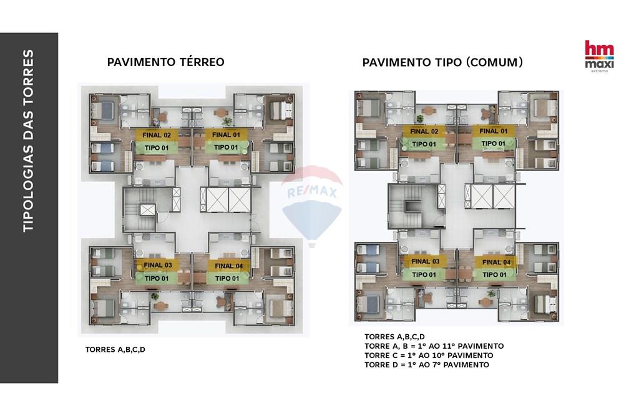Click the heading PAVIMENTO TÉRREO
(x=165, y=62)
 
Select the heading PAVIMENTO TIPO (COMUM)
(x=442, y=62)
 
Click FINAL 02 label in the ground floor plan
(x=157, y=135)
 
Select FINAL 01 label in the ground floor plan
(x=226, y=135)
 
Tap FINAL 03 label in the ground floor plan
(x=158, y=265)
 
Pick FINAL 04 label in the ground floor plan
(x=228, y=266)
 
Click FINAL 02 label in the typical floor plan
(x=424, y=132)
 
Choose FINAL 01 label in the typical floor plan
(x=494, y=131)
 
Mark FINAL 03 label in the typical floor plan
(x=425, y=261)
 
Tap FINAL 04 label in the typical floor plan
(x=496, y=262)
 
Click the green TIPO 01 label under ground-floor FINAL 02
(x=157, y=147)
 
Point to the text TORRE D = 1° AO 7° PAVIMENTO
(x=427, y=364)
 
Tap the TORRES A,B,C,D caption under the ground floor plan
(x=115, y=349)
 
